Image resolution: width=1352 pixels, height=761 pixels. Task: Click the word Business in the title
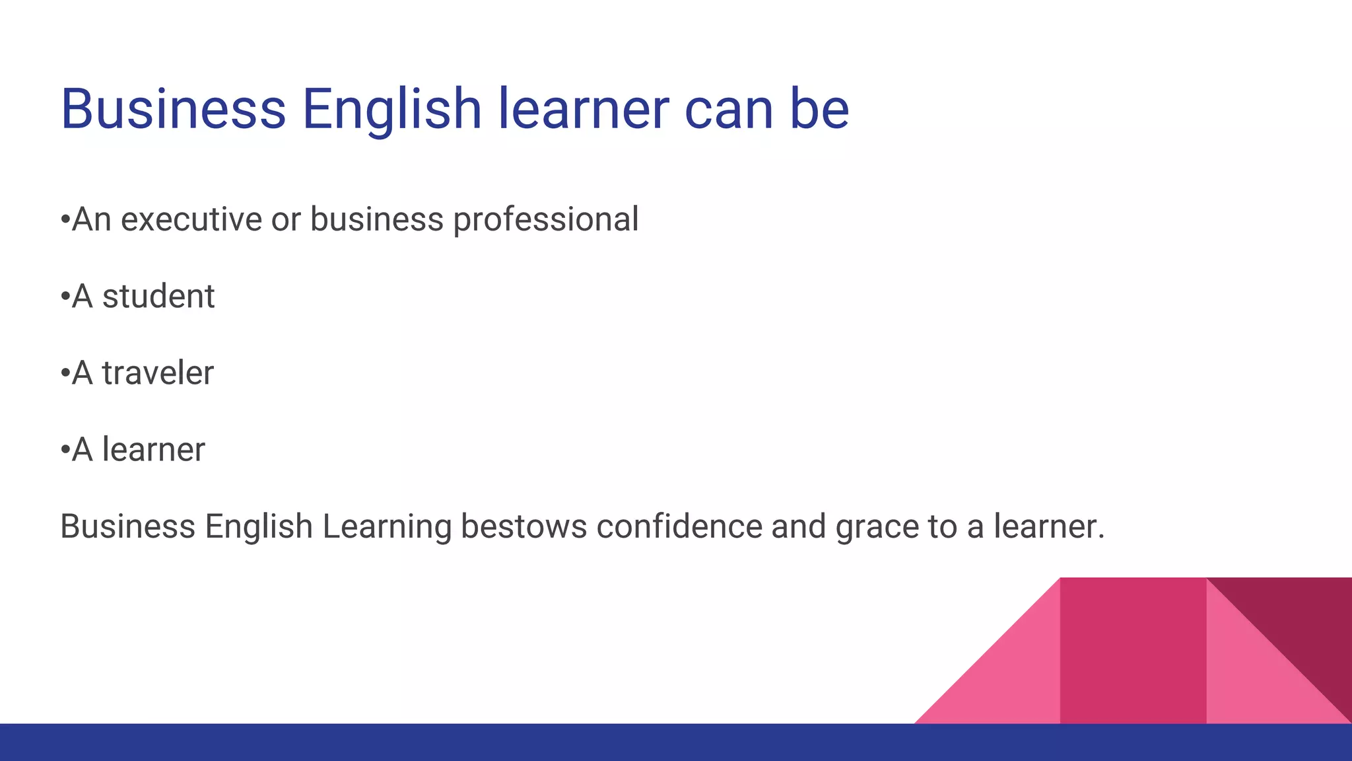173,109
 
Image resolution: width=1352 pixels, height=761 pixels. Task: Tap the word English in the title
391,109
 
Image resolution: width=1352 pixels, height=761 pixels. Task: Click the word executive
191,219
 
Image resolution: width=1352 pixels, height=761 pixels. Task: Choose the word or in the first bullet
286,219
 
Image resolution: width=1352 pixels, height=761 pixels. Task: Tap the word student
158,296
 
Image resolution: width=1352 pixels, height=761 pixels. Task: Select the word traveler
158,373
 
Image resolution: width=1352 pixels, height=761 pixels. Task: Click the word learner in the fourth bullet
153,450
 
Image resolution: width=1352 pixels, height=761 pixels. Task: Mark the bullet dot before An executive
65,220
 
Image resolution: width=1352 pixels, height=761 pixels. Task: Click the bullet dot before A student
65,297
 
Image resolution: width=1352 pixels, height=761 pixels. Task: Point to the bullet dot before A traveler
65,373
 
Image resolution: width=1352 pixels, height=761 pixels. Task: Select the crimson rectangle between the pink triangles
1133,651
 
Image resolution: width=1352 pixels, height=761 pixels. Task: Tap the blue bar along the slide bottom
676,743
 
